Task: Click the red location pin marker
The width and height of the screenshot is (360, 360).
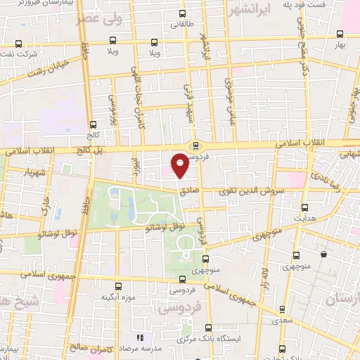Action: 180,165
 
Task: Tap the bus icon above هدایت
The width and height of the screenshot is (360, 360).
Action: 304,208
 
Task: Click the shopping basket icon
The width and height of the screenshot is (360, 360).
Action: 323,254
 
